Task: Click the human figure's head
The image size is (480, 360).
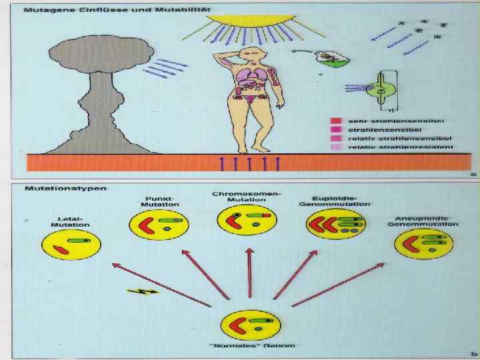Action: [x=251, y=55]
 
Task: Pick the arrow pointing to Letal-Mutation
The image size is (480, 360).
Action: [x=160, y=285]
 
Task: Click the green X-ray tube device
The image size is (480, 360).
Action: [x=381, y=89]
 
